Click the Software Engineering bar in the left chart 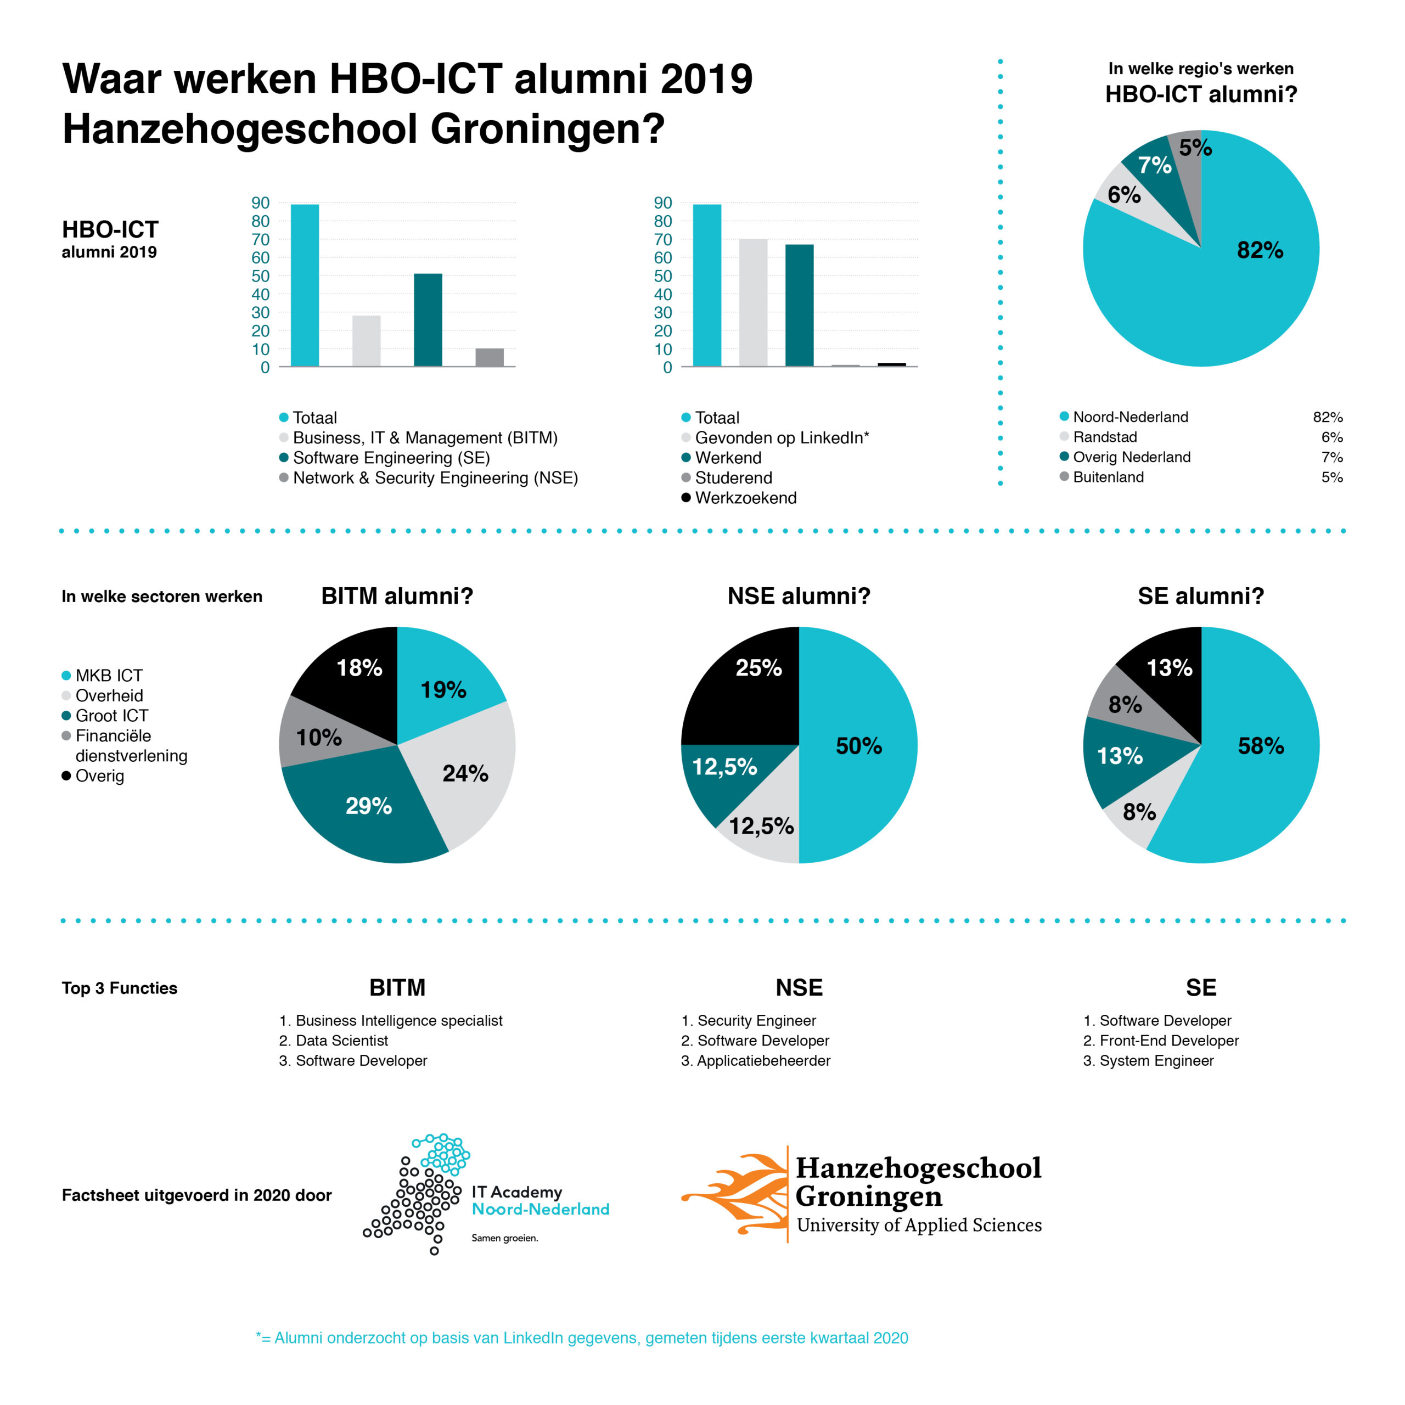coord(428,320)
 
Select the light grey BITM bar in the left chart coord(366,340)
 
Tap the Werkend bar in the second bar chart coord(799,306)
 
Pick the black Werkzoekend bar coord(892,364)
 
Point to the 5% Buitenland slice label coord(1195,148)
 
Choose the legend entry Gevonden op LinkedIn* coord(781,438)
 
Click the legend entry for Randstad coord(1105,437)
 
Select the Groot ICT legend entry coord(111,716)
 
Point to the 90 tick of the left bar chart coord(260,203)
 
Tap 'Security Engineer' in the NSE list coord(756,1020)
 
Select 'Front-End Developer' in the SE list coord(1168,1041)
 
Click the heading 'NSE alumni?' coord(799,597)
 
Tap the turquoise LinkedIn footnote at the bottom coord(582,1338)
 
